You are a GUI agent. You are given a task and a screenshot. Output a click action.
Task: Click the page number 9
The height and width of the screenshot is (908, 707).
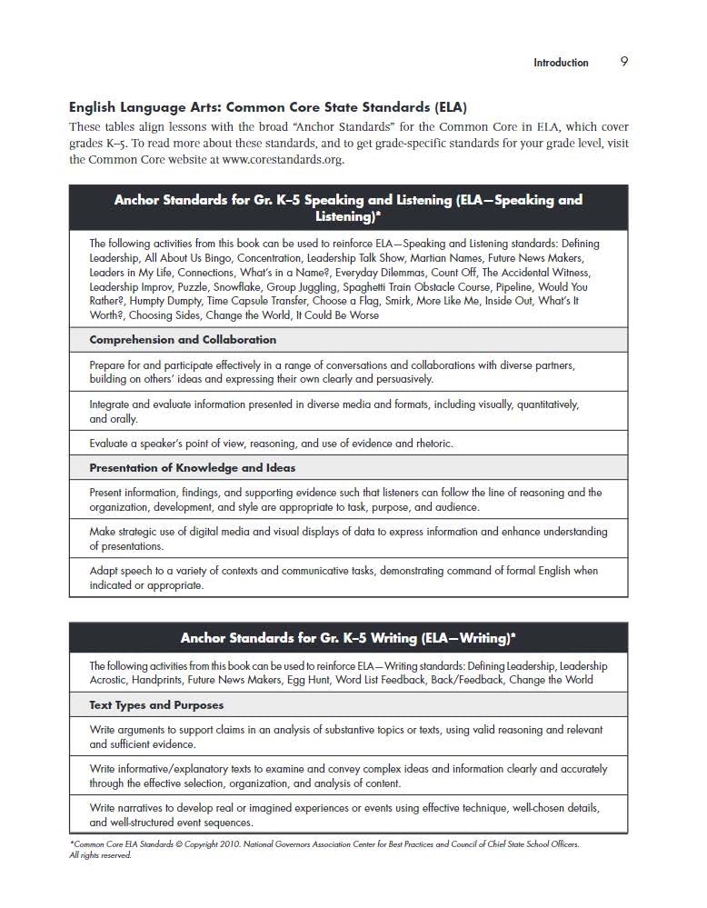[x=624, y=62]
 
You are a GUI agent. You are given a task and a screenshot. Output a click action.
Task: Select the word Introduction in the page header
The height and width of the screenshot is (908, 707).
[x=561, y=63]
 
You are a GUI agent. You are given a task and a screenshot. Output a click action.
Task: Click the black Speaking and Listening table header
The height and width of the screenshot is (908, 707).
[x=348, y=207]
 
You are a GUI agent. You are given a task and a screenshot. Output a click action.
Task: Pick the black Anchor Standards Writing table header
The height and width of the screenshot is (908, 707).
[x=348, y=638]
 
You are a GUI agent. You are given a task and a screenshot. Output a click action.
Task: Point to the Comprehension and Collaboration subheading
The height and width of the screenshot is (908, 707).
[x=183, y=340]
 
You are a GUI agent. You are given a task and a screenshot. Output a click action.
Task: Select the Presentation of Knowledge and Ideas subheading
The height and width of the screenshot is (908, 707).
[x=192, y=468]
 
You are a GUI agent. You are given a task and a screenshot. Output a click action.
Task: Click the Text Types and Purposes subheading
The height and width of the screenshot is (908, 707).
[x=156, y=705]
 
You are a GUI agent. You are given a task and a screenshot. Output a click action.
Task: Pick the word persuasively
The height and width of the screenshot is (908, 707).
[x=395, y=379]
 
